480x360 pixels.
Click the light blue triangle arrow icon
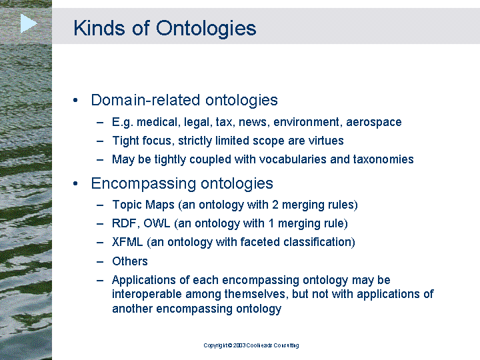29,23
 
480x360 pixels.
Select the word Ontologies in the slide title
206,29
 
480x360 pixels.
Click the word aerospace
374,123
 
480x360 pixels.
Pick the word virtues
326,141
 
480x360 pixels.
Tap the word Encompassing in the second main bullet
144,184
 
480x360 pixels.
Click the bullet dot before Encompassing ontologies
75,184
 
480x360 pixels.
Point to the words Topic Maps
143,205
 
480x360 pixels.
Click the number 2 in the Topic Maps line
275,205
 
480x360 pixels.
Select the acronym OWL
157,223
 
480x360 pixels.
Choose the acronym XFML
127,242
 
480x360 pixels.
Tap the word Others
130,261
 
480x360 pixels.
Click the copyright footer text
251,345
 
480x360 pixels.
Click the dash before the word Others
100,262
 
